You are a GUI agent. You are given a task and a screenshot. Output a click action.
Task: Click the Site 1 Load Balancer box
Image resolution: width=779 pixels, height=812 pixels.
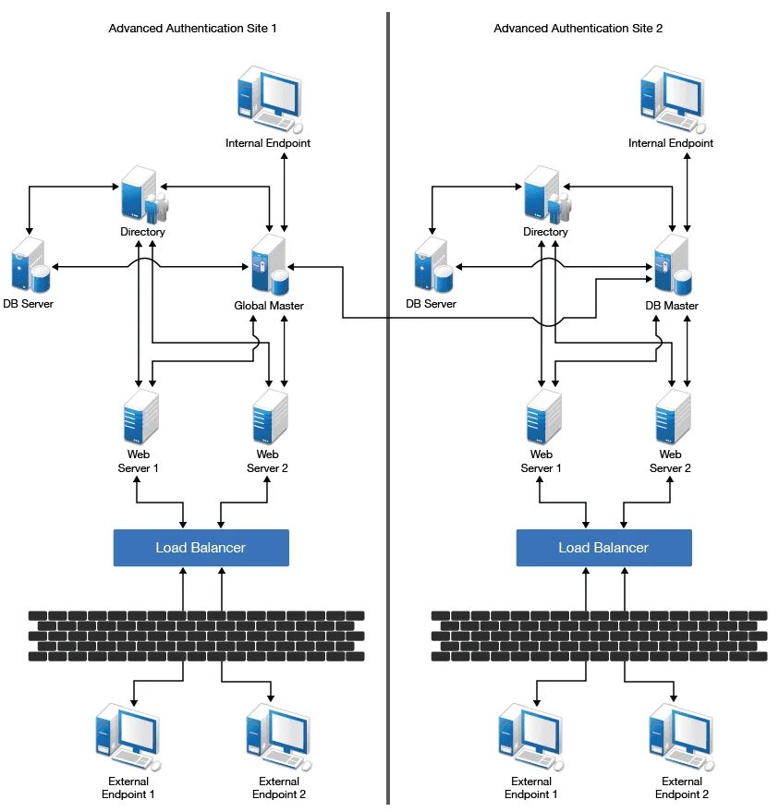click(201, 548)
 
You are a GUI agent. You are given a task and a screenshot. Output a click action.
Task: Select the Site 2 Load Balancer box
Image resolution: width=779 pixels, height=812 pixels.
click(604, 548)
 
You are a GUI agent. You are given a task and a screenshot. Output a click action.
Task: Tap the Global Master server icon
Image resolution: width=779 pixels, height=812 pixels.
click(269, 264)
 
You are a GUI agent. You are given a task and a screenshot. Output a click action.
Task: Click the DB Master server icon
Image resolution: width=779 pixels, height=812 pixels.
click(673, 264)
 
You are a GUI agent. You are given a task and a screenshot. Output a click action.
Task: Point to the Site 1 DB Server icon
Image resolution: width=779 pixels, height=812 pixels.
click(30, 264)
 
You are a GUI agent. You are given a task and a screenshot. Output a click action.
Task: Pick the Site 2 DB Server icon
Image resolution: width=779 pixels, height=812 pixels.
click(433, 264)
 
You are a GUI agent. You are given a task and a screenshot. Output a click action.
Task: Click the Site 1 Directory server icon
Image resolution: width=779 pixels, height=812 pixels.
click(144, 195)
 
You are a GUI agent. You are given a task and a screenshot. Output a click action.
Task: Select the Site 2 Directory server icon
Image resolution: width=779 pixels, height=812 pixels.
click(547, 195)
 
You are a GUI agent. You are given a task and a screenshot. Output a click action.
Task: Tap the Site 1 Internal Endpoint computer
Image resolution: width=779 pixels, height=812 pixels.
click(270, 100)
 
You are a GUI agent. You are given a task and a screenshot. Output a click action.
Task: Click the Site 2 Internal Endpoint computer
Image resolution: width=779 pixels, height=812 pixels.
click(673, 100)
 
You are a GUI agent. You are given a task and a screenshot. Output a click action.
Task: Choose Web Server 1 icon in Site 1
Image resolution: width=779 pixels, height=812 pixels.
click(140, 417)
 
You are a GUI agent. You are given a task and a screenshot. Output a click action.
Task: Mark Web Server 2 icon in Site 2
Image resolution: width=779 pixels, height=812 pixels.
click(673, 417)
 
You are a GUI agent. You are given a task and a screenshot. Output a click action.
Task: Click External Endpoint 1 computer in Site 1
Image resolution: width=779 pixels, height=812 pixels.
click(128, 737)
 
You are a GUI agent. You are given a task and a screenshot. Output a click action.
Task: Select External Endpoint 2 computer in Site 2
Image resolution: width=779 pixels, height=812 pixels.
click(682, 737)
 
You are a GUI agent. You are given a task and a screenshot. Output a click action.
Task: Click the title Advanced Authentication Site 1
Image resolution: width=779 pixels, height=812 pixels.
click(193, 29)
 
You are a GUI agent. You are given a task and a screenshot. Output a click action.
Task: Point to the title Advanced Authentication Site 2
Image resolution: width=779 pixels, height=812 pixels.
click(578, 29)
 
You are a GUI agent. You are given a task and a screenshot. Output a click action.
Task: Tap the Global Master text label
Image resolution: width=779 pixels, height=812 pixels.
click(269, 306)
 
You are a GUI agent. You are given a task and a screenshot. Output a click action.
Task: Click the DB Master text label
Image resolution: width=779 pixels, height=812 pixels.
click(672, 306)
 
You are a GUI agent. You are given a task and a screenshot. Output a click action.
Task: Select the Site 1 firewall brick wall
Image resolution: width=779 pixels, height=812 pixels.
click(196, 636)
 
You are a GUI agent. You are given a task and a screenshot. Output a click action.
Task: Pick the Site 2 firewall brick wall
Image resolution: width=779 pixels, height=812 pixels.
click(600, 636)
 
